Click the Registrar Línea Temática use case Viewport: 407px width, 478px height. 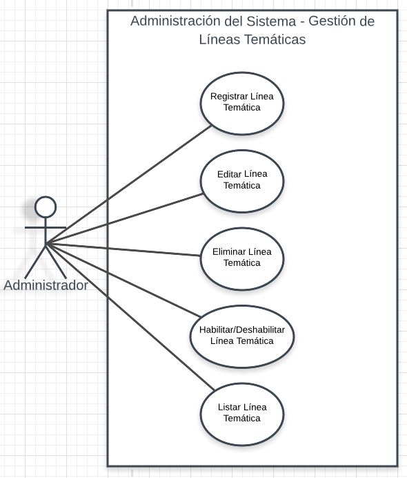(242, 104)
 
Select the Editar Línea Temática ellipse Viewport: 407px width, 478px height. (242, 181)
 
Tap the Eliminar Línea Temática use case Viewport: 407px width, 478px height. (242, 259)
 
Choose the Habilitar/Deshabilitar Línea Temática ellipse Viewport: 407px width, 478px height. (242, 336)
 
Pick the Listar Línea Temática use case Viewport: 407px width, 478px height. (242, 414)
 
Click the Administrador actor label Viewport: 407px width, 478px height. (46, 286)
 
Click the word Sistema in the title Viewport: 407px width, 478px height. (271, 21)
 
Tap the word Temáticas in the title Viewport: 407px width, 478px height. (275, 39)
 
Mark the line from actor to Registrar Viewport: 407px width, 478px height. (128, 185)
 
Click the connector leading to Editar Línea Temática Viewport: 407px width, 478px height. (124, 219)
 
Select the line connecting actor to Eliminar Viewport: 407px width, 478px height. (123, 249)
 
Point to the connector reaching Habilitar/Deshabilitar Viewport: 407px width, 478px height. (123, 280)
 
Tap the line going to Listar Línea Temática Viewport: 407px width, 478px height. (130, 317)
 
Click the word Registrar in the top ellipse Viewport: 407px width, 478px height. (226, 97)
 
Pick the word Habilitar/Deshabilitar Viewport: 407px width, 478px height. (242, 329)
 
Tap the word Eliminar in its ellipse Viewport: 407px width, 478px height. (229, 252)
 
